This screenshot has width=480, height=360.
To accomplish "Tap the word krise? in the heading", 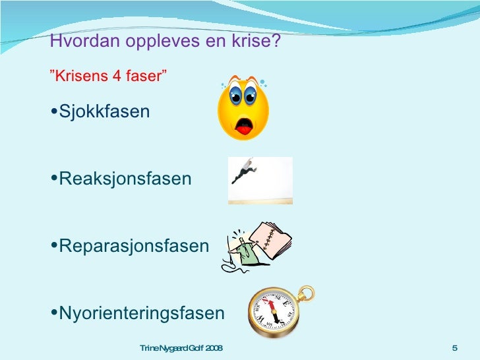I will pyautogui.click(x=260, y=42).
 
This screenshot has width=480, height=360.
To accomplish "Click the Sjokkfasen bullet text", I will pyautogui.click(x=104, y=112).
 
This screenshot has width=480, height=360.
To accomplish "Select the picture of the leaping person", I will pyautogui.click(x=260, y=181).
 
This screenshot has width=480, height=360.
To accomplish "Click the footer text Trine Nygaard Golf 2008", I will pyautogui.click(x=181, y=348).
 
